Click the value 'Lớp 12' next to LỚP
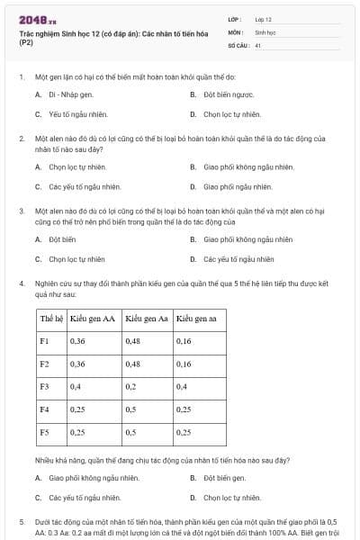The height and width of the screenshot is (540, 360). (264, 19)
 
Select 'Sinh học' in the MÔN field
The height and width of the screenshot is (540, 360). (265, 31)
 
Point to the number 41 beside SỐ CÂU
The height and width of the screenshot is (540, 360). (258, 44)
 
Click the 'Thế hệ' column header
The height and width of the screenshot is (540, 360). (50, 319)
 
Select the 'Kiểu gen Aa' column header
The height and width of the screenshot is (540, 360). (146, 319)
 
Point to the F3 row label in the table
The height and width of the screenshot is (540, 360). (45, 386)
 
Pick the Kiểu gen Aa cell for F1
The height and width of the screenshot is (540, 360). (133, 341)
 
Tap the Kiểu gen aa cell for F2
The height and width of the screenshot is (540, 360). (184, 364)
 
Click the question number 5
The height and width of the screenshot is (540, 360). (22, 521)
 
